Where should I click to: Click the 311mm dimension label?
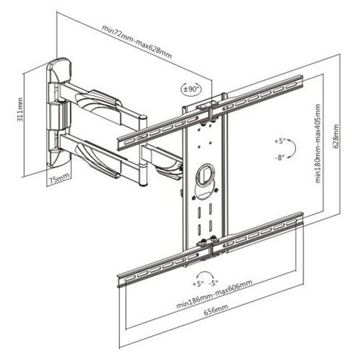click(x=20, y=109)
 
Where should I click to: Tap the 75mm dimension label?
click(x=59, y=178)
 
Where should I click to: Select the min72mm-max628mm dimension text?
click(x=137, y=42)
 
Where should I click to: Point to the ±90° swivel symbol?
click(x=192, y=88)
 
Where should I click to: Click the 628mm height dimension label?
click(x=337, y=135)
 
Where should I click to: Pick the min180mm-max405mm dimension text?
click(x=318, y=143)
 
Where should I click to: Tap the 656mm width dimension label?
click(x=216, y=309)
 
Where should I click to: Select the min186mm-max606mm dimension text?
click(x=214, y=294)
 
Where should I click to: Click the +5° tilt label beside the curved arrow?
click(x=279, y=141)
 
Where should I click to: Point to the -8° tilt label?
click(x=279, y=158)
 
